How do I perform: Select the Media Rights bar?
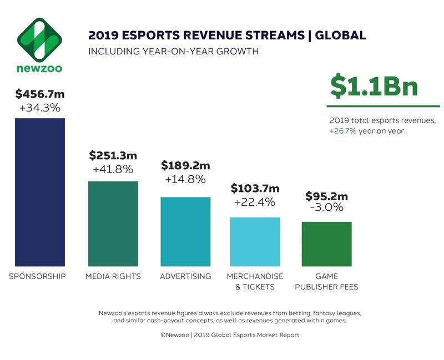(113, 223)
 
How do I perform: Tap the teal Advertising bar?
(185, 231)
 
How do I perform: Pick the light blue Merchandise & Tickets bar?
(255, 241)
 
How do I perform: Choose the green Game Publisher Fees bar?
(326, 244)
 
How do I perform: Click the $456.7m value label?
(38, 94)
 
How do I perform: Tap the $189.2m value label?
(185, 165)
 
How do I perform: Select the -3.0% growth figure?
(326, 209)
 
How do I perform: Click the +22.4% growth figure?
(255, 202)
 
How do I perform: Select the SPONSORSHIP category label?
(38, 276)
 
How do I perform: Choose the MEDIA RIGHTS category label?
(113, 276)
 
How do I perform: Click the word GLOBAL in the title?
(341, 36)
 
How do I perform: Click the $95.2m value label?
(326, 196)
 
